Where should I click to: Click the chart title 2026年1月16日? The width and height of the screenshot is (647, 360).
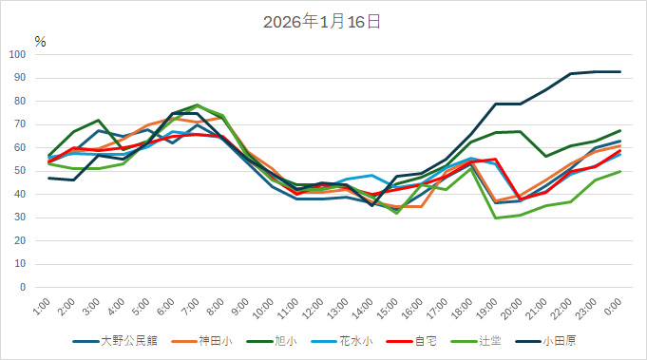pos(322,21)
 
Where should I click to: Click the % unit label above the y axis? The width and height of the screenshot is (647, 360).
pos(40,41)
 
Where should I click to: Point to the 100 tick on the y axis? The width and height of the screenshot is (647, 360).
pos(19,54)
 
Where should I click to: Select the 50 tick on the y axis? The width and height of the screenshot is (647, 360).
pos(22,171)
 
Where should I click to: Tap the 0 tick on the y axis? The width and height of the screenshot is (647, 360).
pos(25,287)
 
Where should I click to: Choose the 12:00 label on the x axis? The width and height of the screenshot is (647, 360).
pos(314,307)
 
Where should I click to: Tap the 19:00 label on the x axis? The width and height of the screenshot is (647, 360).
pos(488,307)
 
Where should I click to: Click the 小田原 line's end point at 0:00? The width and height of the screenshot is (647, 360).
pos(620,72)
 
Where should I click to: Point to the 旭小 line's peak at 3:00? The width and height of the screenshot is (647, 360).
pos(99,121)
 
